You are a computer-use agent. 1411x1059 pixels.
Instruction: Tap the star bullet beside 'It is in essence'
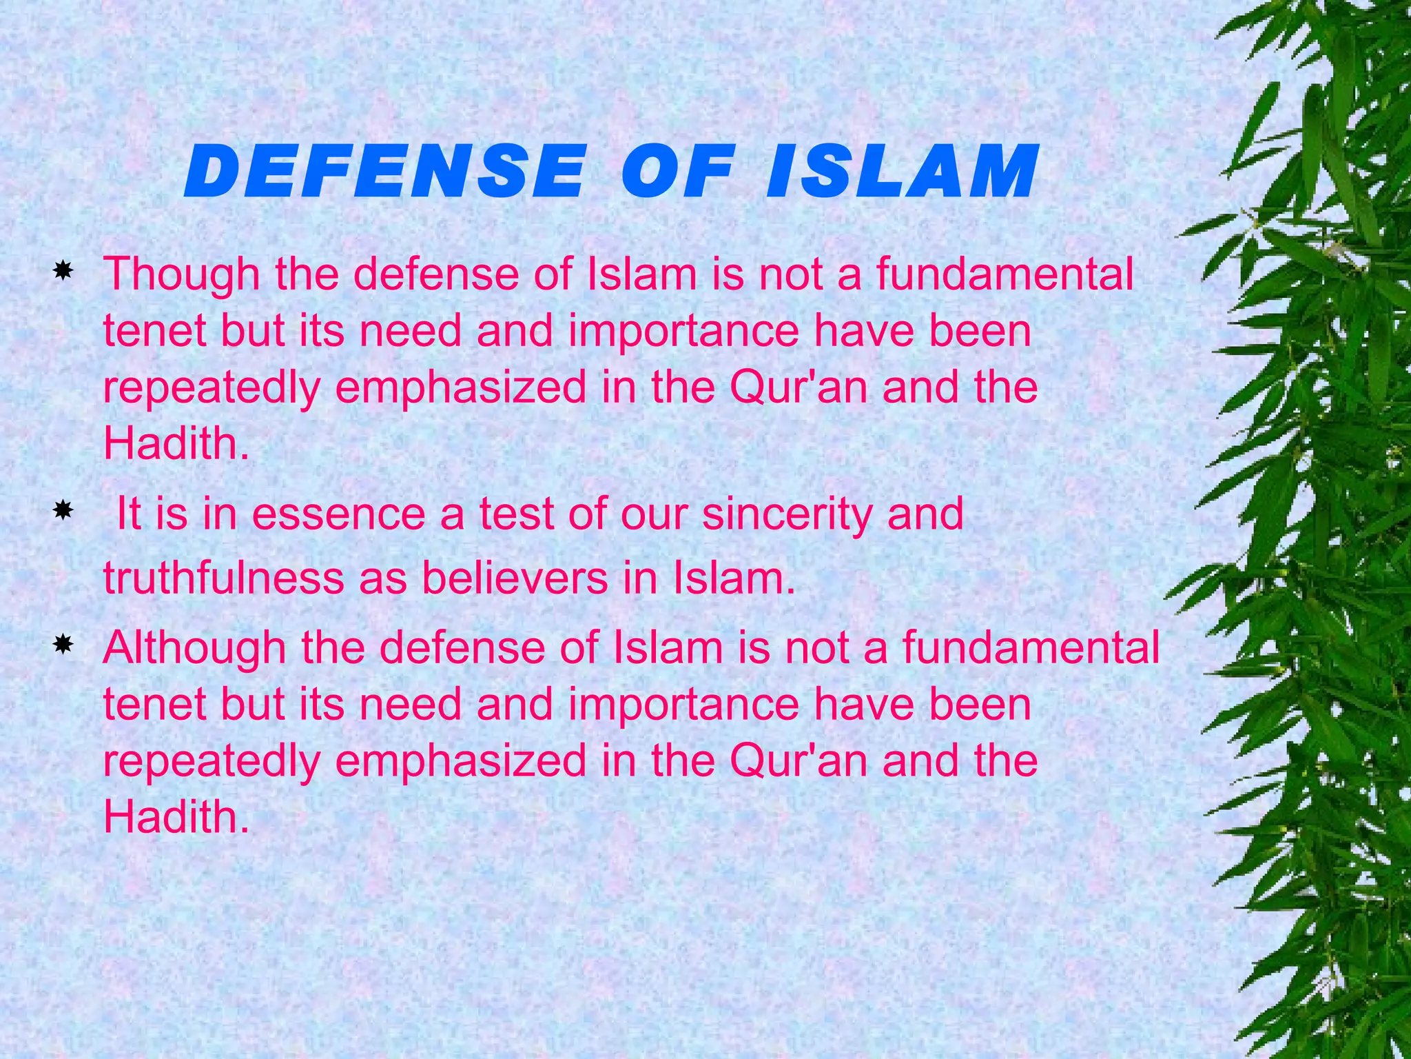(63, 511)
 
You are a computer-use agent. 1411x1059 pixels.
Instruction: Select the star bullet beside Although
(63, 645)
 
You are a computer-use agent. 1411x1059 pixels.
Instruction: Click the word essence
(338, 515)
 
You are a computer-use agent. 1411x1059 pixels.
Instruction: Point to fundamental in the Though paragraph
(1005, 274)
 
